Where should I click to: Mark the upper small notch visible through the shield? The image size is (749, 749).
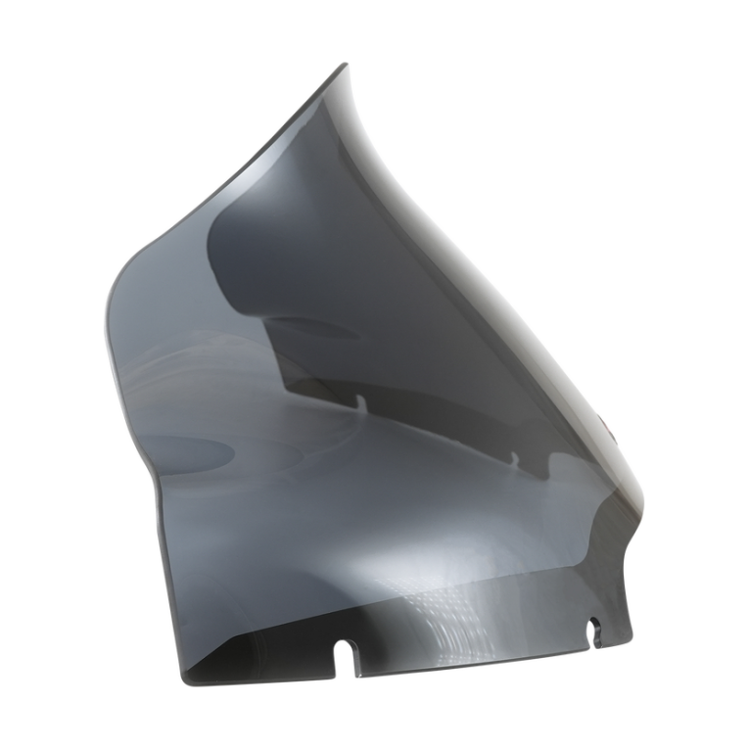(361, 400)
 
